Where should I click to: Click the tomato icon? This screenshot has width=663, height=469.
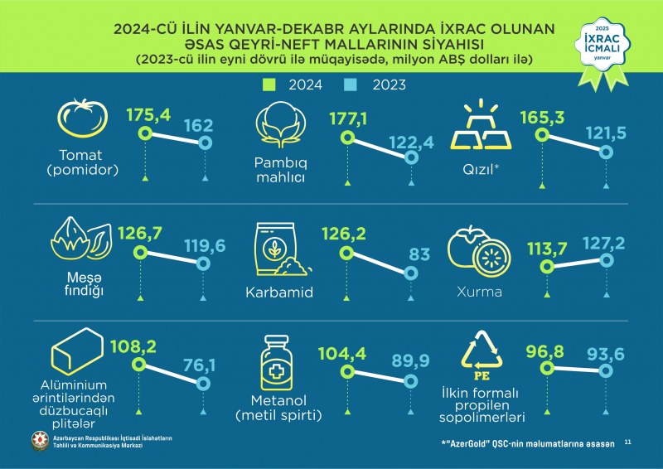coord(82,118)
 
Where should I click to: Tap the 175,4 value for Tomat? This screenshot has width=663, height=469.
coord(148,115)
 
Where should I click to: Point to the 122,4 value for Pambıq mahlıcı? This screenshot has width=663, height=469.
coord(411,143)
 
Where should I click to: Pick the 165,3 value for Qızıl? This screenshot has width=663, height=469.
coord(542,117)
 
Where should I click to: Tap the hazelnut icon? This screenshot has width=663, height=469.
coord(81,239)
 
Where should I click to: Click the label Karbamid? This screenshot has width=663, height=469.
coord(279,293)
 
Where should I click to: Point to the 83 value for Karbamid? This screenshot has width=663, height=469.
coord(419,254)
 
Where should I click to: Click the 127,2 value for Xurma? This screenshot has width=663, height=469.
coord(604,244)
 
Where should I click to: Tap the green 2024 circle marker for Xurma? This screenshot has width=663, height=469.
coord(547,267)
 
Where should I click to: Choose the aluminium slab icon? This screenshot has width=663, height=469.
coord(77,351)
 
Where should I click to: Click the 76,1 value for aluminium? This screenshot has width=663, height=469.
coord(199,365)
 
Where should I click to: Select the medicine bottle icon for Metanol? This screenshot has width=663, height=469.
coord(277,363)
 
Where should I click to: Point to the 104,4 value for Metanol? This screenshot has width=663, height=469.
coord(342,354)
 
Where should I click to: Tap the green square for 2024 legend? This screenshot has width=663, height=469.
coord(269,85)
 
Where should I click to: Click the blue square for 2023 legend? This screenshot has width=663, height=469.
coord(351,85)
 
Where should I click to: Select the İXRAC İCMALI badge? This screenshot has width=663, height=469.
coord(603,53)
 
